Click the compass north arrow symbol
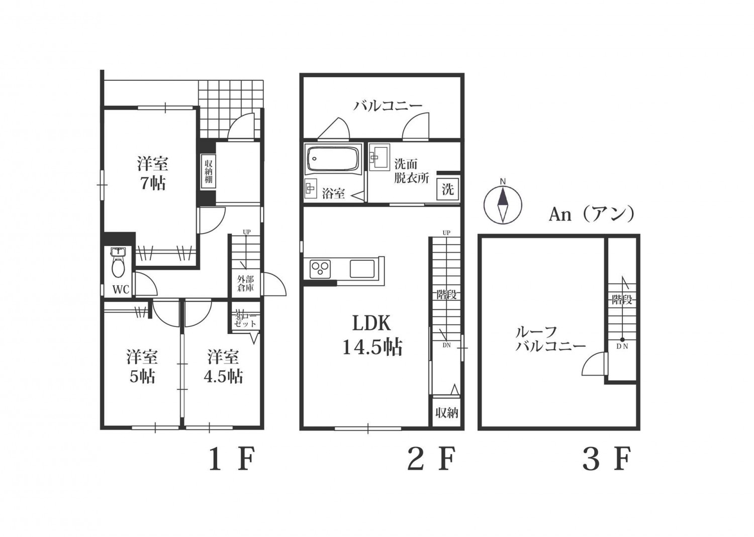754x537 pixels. pyautogui.click(x=502, y=204)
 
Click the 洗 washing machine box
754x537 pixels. pyautogui.click(x=447, y=189)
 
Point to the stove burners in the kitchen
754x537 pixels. pyautogui.click(x=320, y=269)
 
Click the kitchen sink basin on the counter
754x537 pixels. pyautogui.click(x=362, y=269)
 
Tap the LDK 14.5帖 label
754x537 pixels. pyautogui.click(x=372, y=335)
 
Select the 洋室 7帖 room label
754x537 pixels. pyautogui.click(x=152, y=173)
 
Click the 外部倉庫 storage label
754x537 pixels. pyautogui.click(x=246, y=284)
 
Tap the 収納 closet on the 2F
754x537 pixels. pyautogui.click(x=446, y=413)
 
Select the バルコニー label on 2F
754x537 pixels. pyautogui.click(x=388, y=106)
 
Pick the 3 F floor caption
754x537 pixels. pyautogui.click(x=606, y=459)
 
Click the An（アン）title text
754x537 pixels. pyautogui.click(x=592, y=214)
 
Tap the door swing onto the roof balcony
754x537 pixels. pyautogui.click(x=596, y=364)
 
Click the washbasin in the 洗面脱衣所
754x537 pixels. pyautogui.click(x=379, y=156)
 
